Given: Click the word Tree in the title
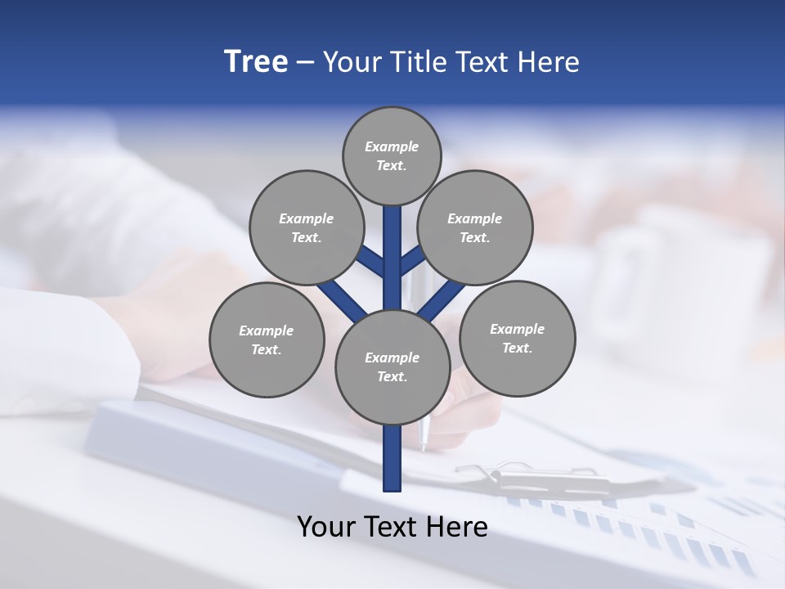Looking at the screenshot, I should [x=256, y=62].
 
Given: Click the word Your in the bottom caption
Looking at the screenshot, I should [x=326, y=526].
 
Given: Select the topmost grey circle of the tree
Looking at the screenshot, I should [x=392, y=155].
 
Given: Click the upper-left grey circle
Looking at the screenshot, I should [x=307, y=227].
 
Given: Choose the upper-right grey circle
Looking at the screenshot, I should [x=475, y=227].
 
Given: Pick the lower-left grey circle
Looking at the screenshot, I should [x=267, y=339].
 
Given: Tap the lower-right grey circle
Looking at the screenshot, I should [x=517, y=338].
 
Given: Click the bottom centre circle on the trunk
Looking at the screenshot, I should [x=392, y=366].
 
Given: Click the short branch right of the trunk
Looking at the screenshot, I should [x=411, y=261].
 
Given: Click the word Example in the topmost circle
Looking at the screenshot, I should [x=392, y=147].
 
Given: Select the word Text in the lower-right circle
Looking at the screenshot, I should [x=517, y=348].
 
